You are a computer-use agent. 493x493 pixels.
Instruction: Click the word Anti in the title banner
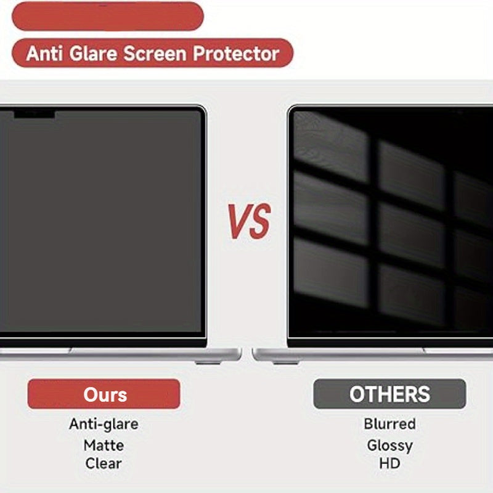pyautogui.click(x=44, y=54)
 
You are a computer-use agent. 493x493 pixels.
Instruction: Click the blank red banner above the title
pyautogui.click(x=107, y=16)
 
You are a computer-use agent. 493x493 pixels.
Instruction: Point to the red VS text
pyautogui.click(x=249, y=222)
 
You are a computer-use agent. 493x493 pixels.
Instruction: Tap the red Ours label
pyautogui.click(x=105, y=394)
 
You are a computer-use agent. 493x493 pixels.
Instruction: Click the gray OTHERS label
pyautogui.click(x=389, y=394)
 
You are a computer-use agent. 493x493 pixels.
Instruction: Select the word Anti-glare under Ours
pyautogui.click(x=104, y=424)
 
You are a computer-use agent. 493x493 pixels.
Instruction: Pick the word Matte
pyautogui.click(x=104, y=445)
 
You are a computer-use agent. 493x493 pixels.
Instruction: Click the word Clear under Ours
pyautogui.click(x=104, y=463)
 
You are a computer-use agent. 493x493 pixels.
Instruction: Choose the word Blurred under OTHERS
pyautogui.click(x=389, y=424)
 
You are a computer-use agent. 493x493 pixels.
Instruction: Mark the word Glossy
pyautogui.click(x=389, y=445)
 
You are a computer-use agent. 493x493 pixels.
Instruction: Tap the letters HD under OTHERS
pyautogui.click(x=389, y=463)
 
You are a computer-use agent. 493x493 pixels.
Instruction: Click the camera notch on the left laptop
pyautogui.click(x=35, y=114)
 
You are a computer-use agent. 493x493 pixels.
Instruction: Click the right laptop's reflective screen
pyautogui.click(x=391, y=222)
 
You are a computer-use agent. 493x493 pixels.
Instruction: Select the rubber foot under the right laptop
pyautogui.click(x=285, y=362)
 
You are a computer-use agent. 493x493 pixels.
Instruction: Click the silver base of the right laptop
pyautogui.click(x=370, y=354)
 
